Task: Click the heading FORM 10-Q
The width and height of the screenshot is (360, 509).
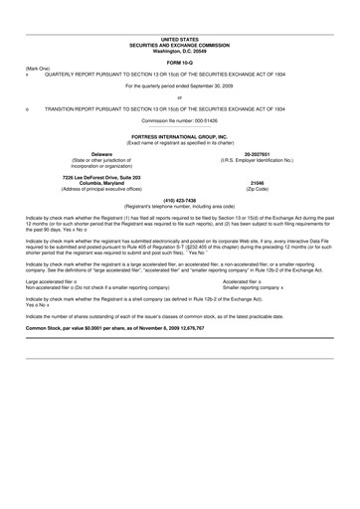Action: (179, 61)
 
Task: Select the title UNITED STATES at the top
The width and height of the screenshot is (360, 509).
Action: (179, 39)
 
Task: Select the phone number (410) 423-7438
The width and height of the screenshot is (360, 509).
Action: (179, 198)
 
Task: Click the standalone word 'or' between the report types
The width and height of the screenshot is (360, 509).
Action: (179, 97)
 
